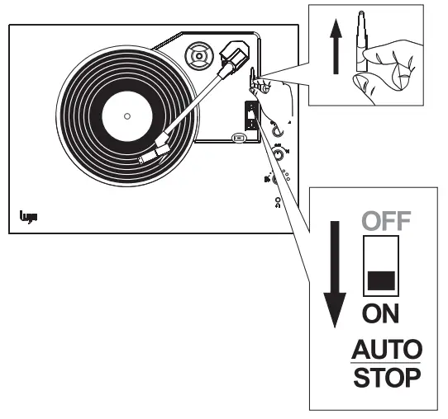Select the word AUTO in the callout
click(x=384, y=346)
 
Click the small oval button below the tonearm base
click(x=240, y=138)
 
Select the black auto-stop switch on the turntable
click(x=248, y=113)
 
